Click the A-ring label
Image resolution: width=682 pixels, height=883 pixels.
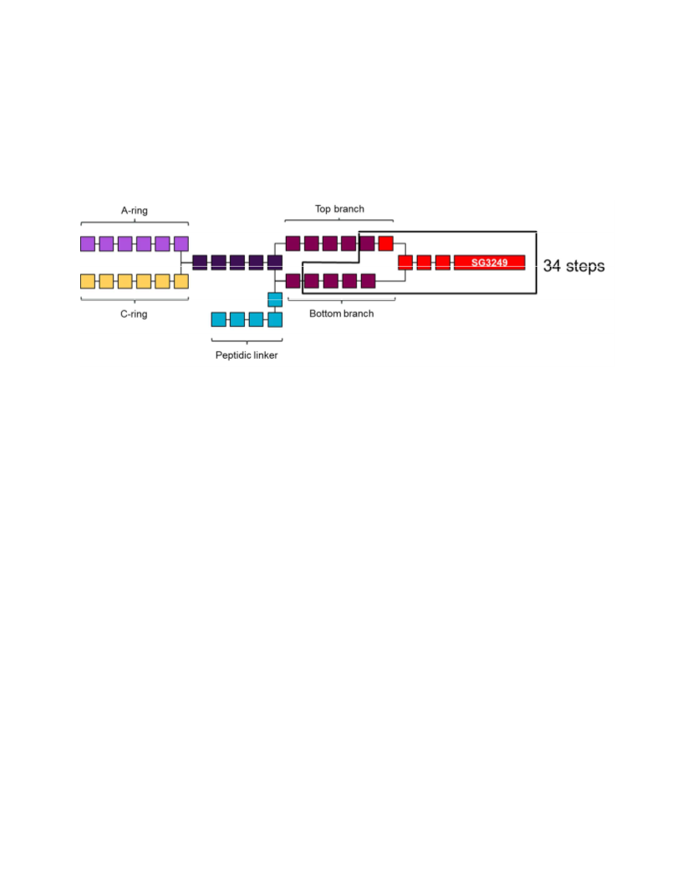point(135,211)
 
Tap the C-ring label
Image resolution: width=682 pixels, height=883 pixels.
point(134,314)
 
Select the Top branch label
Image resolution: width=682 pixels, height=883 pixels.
point(339,209)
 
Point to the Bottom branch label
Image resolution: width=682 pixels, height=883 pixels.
point(342,314)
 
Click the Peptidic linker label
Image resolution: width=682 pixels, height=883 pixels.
point(247,355)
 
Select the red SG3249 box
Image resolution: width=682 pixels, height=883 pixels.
point(490,263)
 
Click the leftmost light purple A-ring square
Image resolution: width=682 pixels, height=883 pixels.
point(88,244)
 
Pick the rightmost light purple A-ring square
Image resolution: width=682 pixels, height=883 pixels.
point(181,244)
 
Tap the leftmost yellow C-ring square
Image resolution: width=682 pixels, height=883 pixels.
point(88,282)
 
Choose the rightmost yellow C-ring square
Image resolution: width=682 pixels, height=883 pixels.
point(181,282)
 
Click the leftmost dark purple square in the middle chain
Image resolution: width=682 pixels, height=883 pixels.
point(200,263)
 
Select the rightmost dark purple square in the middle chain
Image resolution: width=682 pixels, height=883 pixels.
point(275,263)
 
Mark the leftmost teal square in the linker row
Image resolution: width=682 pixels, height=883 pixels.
point(219,320)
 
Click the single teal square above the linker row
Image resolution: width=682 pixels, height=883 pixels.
point(275,300)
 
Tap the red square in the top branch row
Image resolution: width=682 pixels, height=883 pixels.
point(386,244)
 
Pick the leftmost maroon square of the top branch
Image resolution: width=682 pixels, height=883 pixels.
point(293,244)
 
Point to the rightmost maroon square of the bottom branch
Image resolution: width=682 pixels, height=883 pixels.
point(368,281)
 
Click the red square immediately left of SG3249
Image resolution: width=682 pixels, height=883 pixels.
point(443,263)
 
